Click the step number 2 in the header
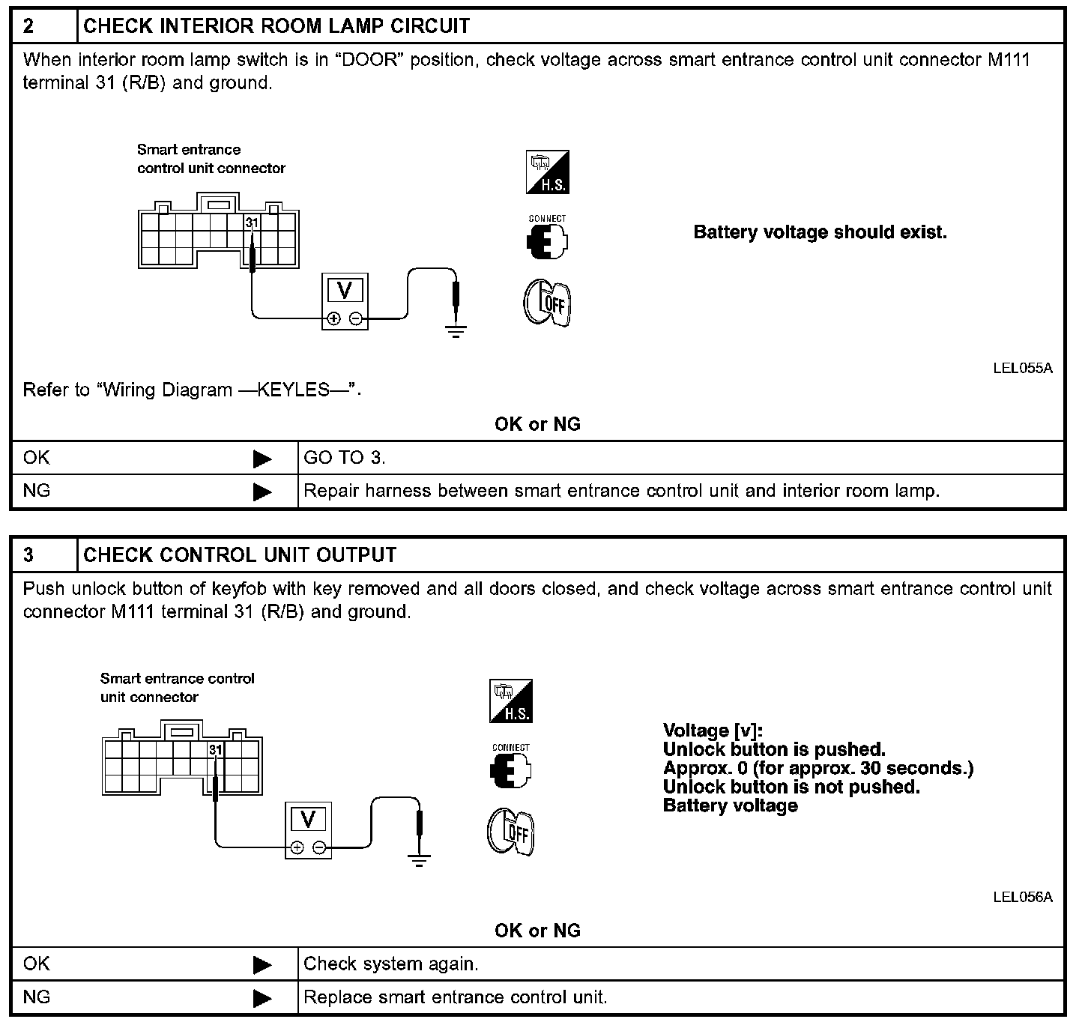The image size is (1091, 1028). click(x=28, y=26)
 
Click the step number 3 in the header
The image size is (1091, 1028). click(x=28, y=555)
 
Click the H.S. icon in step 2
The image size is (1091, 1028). click(x=547, y=173)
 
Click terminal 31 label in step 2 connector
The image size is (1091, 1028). click(x=252, y=223)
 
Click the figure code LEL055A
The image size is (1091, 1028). click(x=1022, y=368)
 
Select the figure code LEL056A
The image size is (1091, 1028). click(x=1022, y=897)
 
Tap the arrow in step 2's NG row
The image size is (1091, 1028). click(x=262, y=492)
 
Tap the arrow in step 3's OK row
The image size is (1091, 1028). click(x=262, y=964)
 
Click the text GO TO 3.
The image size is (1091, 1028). click(x=345, y=458)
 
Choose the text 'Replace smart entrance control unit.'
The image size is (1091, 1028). click(x=456, y=997)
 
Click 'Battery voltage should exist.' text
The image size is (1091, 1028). click(x=820, y=232)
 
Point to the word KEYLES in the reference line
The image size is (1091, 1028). click(x=293, y=390)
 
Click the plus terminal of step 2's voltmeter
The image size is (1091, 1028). click(x=333, y=318)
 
